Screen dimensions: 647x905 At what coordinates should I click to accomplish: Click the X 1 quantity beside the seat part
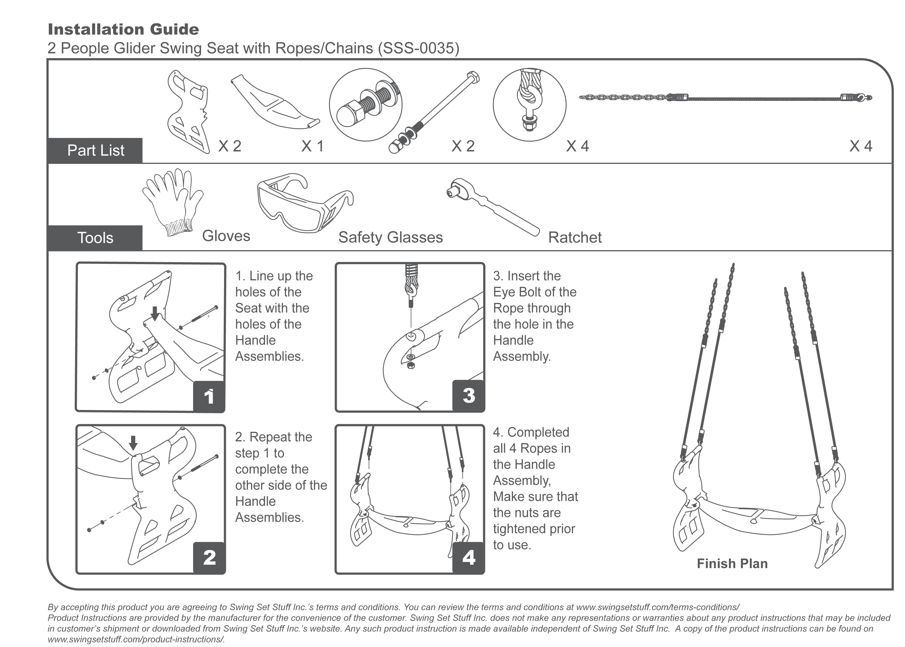pos(312,146)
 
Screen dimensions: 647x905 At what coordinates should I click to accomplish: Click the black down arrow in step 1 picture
pos(155,313)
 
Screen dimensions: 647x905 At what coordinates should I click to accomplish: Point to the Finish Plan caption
pos(732,563)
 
